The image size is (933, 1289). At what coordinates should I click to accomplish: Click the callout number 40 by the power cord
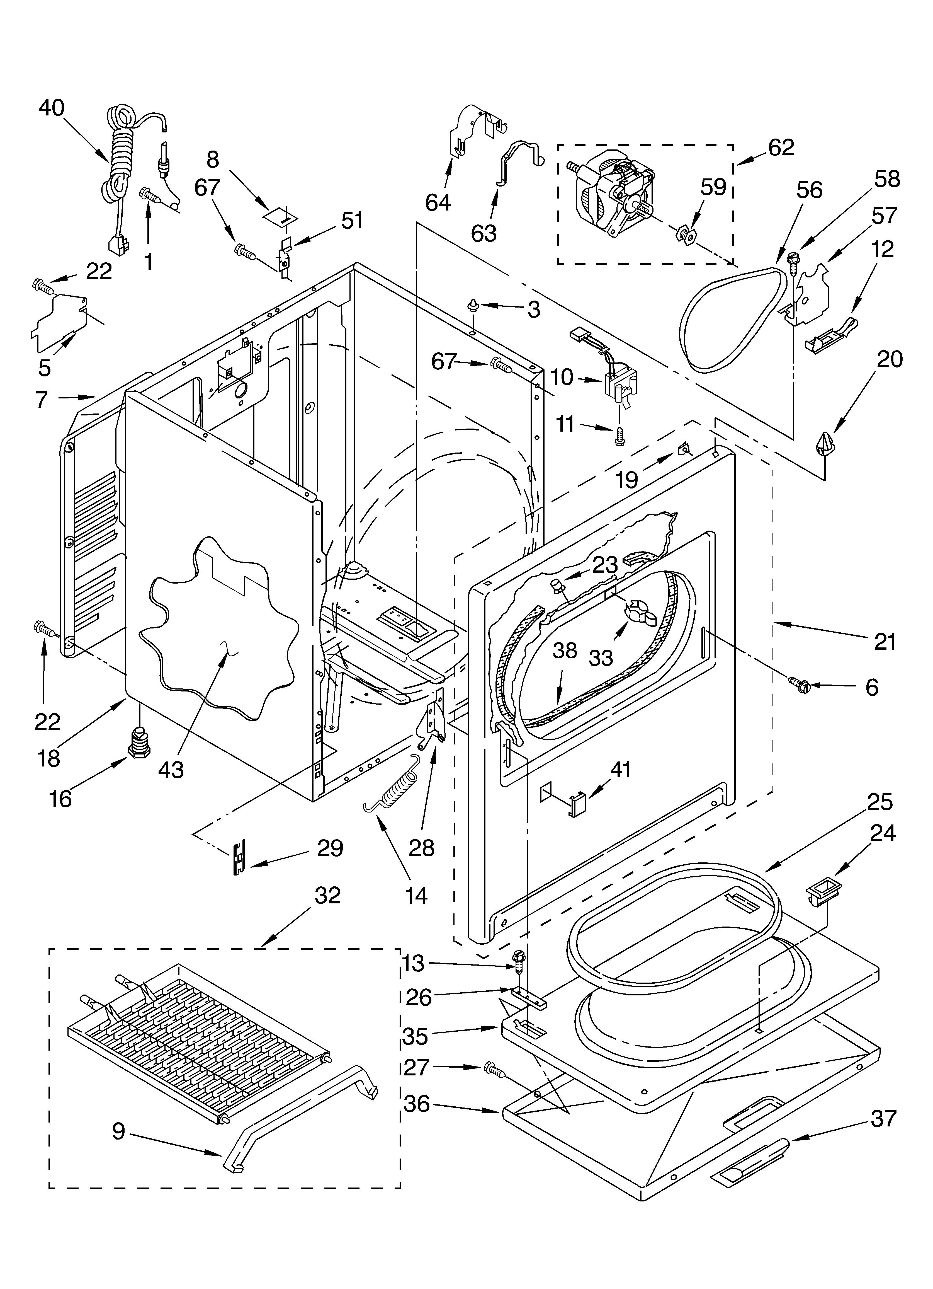51,108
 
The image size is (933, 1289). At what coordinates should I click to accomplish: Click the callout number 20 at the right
889,359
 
